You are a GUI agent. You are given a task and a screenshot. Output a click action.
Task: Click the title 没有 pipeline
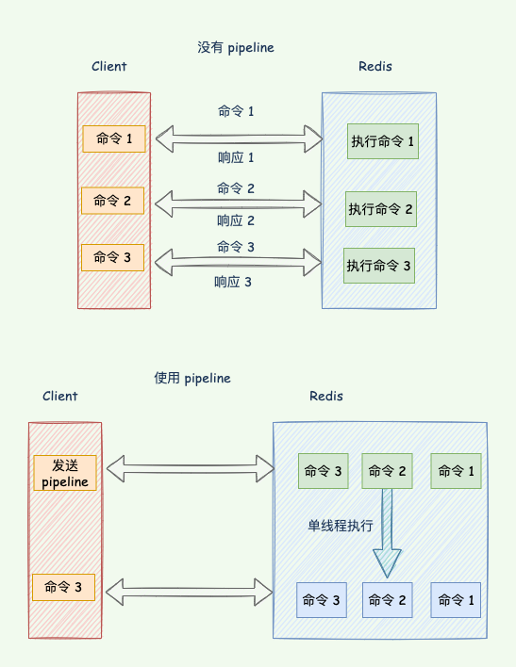pyautogui.click(x=236, y=48)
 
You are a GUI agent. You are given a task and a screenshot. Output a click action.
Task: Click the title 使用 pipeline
pyautogui.click(x=192, y=378)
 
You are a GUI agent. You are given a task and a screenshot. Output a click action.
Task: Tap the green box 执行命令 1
pyautogui.click(x=383, y=141)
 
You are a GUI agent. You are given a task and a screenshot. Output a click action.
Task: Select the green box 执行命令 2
pyautogui.click(x=381, y=209)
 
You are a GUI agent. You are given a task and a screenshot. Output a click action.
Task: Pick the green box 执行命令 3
pyautogui.click(x=379, y=266)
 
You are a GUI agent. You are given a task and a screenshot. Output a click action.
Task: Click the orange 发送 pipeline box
pyautogui.click(x=65, y=473)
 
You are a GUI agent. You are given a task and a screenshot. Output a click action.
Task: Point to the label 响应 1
pyautogui.click(x=236, y=158)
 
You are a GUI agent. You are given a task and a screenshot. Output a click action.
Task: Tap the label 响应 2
pyautogui.click(x=236, y=220)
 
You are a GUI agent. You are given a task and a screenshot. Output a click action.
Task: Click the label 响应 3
pyautogui.click(x=233, y=282)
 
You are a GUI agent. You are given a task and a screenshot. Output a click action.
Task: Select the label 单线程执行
pyautogui.click(x=340, y=526)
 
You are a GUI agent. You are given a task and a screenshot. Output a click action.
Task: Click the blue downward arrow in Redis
pyautogui.click(x=387, y=533)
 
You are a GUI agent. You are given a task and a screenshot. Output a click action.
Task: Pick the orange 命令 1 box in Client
pyautogui.click(x=114, y=138)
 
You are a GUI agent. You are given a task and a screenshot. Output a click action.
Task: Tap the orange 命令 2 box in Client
pyautogui.click(x=112, y=201)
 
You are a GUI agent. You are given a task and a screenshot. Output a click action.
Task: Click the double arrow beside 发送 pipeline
pyautogui.click(x=190, y=469)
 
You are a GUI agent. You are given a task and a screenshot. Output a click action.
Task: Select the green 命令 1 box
pyautogui.click(x=456, y=471)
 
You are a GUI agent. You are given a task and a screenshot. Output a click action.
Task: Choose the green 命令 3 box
pyautogui.click(x=324, y=471)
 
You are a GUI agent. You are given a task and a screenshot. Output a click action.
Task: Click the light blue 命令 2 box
pyautogui.click(x=388, y=600)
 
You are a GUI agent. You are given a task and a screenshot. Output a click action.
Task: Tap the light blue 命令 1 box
pyautogui.click(x=456, y=600)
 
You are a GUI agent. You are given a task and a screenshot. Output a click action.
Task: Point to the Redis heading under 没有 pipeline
pyautogui.click(x=375, y=66)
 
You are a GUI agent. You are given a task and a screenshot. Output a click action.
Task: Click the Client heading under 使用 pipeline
pyautogui.click(x=60, y=396)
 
